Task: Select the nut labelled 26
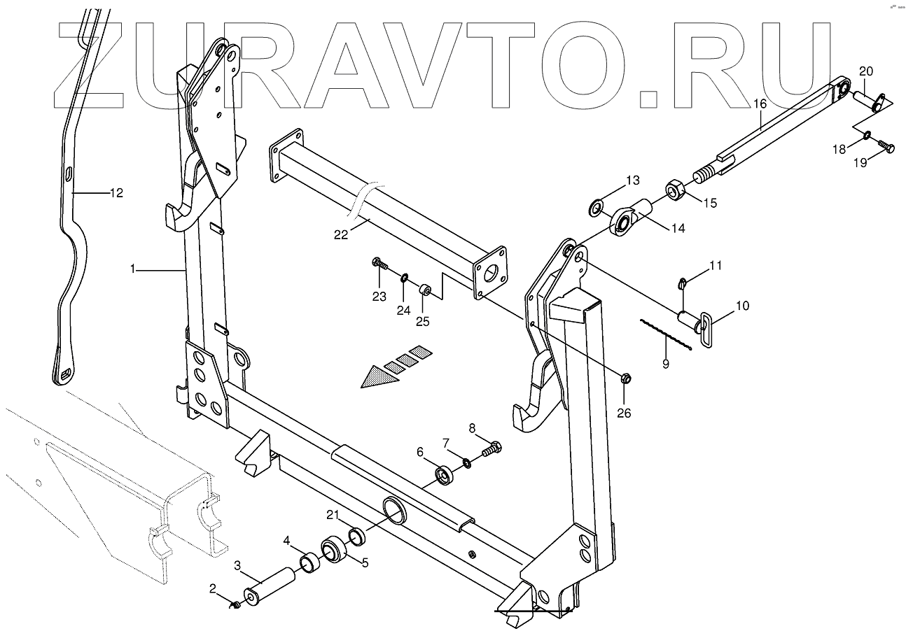coord(626,378)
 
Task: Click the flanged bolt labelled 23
coord(378,264)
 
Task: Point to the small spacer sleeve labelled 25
coord(424,289)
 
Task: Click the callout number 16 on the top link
coord(760,103)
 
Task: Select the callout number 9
coord(666,363)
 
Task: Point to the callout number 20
coord(865,71)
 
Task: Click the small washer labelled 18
coord(867,135)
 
